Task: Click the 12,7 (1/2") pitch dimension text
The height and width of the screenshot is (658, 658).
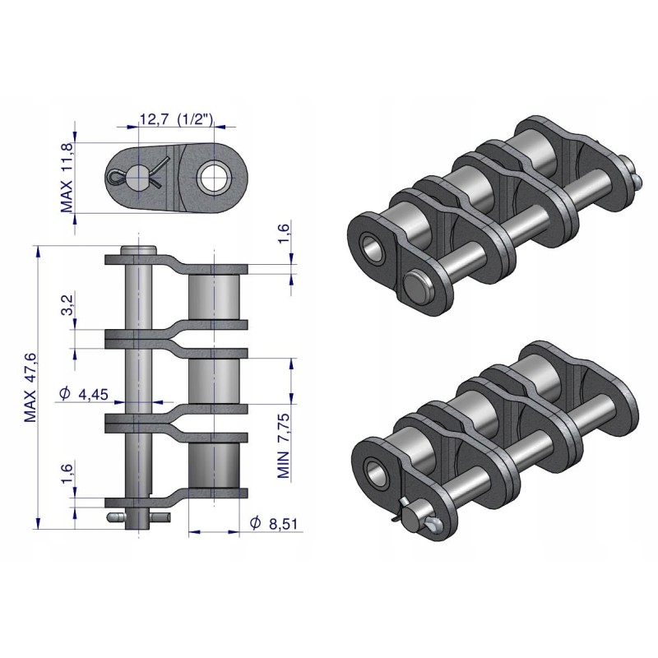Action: [x=176, y=120]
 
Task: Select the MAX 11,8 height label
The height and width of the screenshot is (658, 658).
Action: [x=68, y=177]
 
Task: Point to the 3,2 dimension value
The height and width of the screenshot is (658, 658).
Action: [x=68, y=306]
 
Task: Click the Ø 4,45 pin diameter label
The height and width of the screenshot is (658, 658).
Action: [x=86, y=396]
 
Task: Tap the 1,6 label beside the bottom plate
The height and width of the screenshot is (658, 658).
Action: [x=68, y=475]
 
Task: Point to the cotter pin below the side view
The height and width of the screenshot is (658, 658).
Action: [x=138, y=517]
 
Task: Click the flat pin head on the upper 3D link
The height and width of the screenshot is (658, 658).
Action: [x=415, y=284]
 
